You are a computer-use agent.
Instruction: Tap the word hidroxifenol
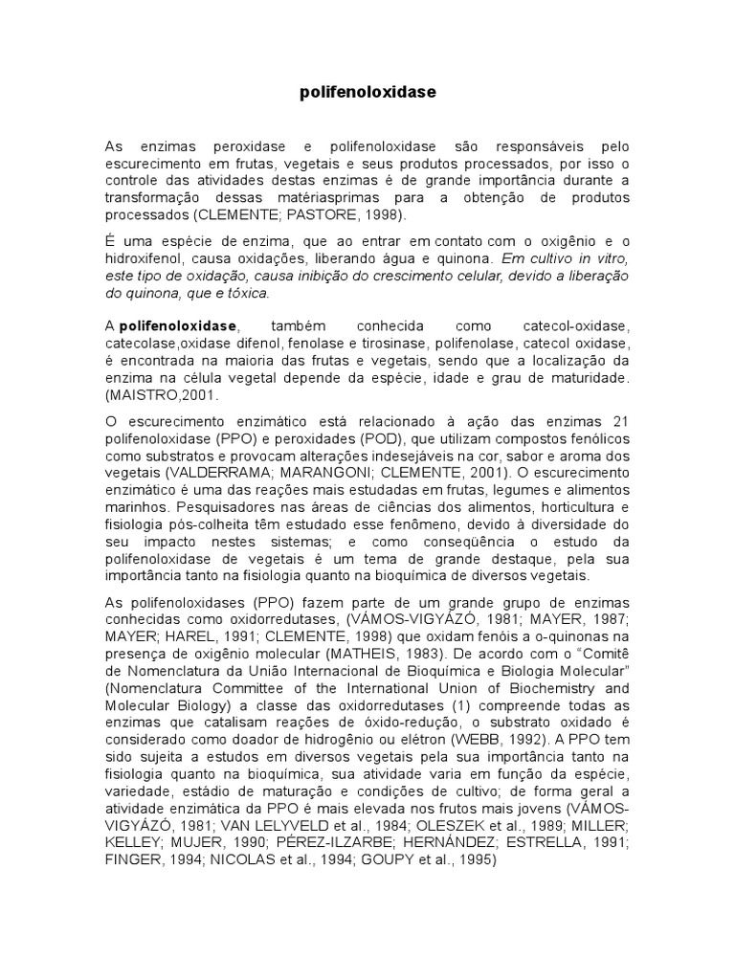pos(146,258)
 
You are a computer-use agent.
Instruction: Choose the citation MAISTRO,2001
pos(155,394)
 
